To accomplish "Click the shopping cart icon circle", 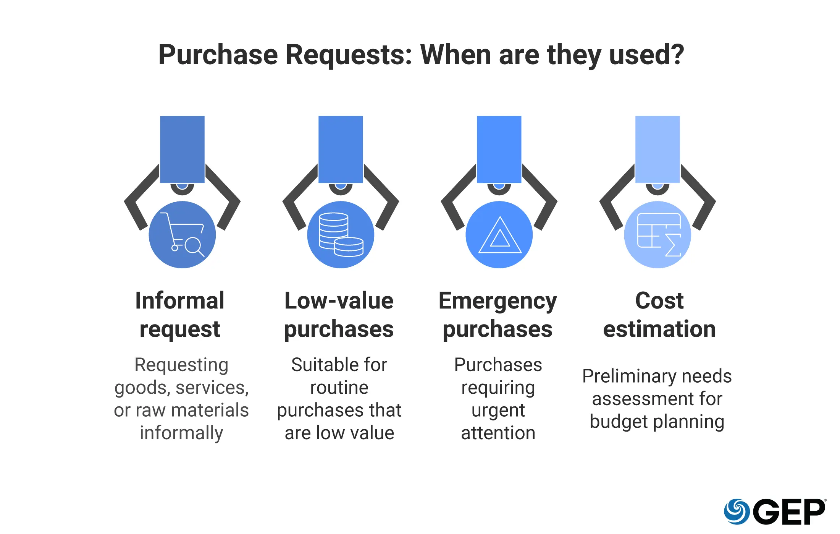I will (182, 235).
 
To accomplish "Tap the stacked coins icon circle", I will (341, 235).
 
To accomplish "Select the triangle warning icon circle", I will (499, 235).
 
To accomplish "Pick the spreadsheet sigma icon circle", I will (657, 235).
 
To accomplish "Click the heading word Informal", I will (180, 300).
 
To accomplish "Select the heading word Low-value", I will (339, 300).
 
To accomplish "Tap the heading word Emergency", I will (498, 301).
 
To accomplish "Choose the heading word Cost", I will (659, 300).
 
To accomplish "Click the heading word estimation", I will (659, 329).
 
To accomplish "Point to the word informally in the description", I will (181, 433).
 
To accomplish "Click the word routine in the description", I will (339, 388).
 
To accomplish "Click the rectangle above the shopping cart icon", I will (182, 149).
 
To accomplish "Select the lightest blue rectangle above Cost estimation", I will (657, 149).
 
